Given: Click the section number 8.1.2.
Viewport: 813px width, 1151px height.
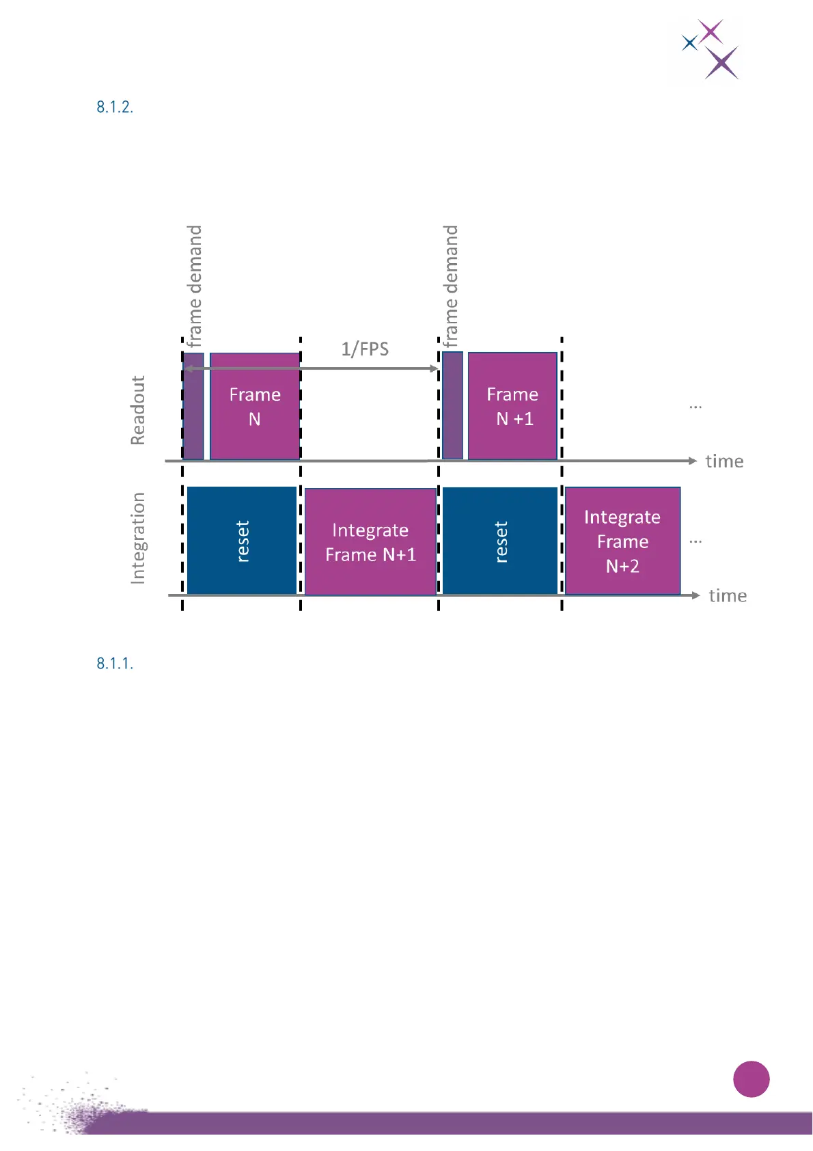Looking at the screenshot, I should (115, 107).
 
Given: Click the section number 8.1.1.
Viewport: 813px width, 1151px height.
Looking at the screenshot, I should (115, 664).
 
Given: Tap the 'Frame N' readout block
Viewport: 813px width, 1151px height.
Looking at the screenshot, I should (255, 406).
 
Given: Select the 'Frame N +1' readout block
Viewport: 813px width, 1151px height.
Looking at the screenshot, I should (512, 406).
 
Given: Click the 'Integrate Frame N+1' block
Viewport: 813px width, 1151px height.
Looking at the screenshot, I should (370, 541).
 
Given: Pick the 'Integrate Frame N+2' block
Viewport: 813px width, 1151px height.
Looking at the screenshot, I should (622, 541).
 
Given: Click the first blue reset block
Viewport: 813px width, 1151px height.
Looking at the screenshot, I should (242, 541).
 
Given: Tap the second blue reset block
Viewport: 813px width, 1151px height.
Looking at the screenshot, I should (500, 541).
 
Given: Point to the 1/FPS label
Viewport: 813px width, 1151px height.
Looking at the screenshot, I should (365, 349).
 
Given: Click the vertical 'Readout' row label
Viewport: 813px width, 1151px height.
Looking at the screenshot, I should (138, 410).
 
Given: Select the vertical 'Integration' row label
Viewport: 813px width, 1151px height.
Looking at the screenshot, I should (138, 538).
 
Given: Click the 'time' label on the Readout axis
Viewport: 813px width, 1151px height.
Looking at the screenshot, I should (724, 461).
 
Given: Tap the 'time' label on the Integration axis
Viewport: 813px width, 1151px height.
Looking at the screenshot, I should (728, 596).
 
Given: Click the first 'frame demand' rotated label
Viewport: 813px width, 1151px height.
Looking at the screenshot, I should (195, 286).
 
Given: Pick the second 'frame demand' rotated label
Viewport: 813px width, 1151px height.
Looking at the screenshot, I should (450, 286).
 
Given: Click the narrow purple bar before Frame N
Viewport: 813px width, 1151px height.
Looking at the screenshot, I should (193, 406).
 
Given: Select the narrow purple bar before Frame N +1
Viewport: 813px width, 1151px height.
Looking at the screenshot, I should (452, 406).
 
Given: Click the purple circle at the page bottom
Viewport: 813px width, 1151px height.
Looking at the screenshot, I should (751, 1079).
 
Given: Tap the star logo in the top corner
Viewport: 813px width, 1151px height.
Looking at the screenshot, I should (711, 49).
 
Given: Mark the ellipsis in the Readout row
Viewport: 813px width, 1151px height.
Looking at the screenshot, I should (695, 407).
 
